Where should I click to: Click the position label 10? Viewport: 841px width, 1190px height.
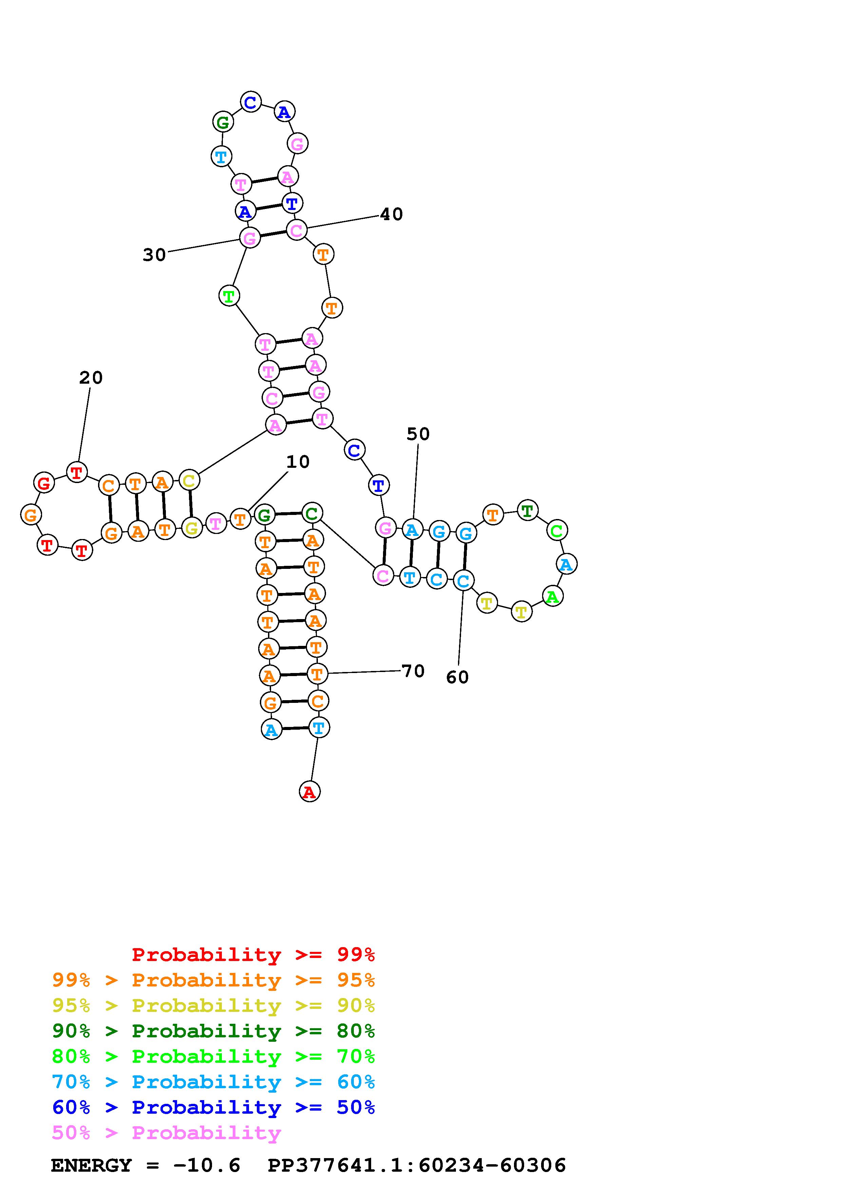point(298,462)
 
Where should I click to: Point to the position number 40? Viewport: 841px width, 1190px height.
point(391,214)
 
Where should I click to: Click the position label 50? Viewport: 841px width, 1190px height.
point(418,434)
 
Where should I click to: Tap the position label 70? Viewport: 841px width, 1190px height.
point(413,671)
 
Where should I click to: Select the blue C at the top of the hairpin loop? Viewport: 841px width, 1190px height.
point(251,102)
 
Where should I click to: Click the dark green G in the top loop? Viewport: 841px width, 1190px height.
point(223,123)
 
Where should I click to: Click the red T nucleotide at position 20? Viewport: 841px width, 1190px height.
point(77,473)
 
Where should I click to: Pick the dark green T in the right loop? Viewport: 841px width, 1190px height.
point(528,511)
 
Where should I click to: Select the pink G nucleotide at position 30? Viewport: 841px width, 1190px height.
point(250,238)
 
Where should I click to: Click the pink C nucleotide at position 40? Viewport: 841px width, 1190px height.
point(297,230)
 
